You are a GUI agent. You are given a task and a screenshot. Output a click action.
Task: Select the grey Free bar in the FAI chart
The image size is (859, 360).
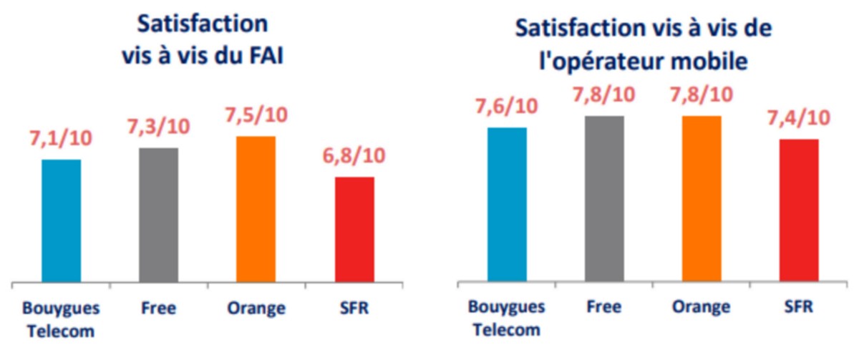(158, 215)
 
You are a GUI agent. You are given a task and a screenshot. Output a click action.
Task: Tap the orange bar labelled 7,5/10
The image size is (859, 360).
(256, 209)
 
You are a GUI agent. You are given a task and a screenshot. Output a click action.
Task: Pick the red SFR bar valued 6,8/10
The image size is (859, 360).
(354, 229)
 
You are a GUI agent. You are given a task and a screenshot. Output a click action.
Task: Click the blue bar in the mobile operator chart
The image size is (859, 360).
(507, 205)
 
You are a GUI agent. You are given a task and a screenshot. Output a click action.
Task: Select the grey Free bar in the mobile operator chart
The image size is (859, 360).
(604, 199)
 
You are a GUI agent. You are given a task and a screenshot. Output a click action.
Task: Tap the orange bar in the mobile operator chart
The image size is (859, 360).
(702, 199)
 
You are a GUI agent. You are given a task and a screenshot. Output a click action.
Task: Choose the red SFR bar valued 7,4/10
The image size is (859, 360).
(799, 210)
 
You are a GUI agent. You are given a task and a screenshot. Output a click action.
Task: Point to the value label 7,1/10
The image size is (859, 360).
(62, 137)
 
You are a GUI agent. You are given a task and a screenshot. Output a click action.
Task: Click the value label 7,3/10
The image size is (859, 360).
(158, 126)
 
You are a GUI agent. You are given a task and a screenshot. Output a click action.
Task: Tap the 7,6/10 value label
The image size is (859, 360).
(506, 106)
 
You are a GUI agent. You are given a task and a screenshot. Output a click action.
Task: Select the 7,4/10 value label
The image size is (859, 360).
(799, 117)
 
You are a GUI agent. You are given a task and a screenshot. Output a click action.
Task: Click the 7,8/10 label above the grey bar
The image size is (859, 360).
(603, 94)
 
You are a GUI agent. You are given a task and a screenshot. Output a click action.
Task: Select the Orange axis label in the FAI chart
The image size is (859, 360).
(256, 308)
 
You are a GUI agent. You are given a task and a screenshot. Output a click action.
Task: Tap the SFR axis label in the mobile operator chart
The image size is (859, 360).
(799, 307)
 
